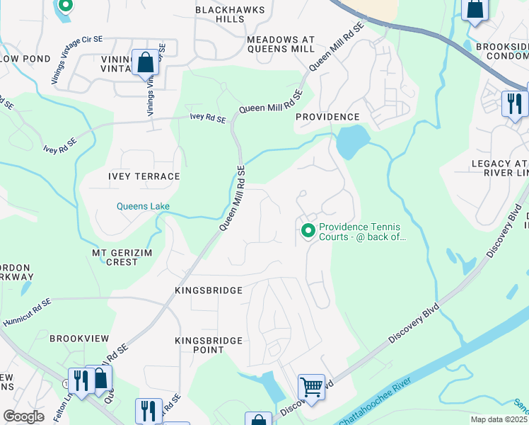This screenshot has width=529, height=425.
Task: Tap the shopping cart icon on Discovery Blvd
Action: (311, 387)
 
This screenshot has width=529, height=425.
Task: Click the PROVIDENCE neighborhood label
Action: (327, 116)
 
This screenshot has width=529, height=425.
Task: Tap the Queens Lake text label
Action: (143, 207)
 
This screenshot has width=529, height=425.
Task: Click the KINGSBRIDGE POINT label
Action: (209, 345)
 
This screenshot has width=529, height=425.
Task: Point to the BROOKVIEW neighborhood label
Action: (78, 339)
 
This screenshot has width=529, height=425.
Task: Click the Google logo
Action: (23, 416)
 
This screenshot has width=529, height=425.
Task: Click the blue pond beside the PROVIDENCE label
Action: (351, 142)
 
